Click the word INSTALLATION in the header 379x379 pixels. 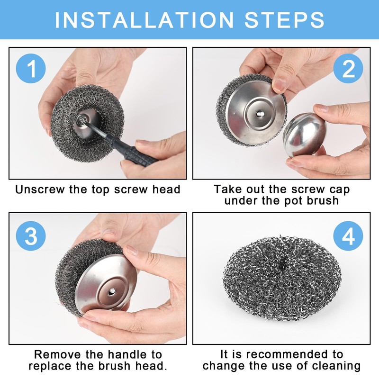(144, 20)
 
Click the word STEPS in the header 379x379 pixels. (284, 20)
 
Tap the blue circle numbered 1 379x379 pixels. (31, 68)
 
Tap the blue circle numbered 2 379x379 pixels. (348, 68)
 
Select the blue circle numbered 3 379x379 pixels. (31, 236)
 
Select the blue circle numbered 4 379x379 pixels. (348, 236)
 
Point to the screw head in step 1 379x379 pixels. (80, 118)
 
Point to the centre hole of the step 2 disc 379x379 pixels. (259, 113)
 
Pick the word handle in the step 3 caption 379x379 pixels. (128, 354)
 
